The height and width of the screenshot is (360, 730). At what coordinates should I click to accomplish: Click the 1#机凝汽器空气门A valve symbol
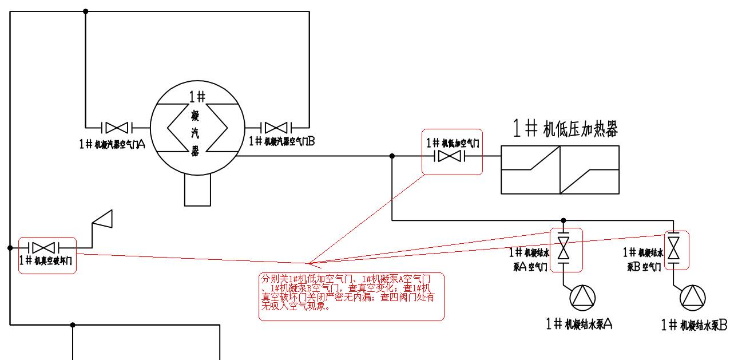coord(117,126)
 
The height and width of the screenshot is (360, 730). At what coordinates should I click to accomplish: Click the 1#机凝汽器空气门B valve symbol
coord(276,126)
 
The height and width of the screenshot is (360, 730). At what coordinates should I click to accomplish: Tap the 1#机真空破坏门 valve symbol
coord(43,248)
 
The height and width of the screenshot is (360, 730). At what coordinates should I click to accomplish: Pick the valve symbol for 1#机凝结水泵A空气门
coord(564,248)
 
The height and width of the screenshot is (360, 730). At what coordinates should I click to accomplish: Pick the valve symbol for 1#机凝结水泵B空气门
coord(676,248)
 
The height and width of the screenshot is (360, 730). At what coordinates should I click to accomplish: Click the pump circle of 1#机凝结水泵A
coord(582,298)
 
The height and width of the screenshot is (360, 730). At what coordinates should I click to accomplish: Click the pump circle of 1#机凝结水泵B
coord(692,298)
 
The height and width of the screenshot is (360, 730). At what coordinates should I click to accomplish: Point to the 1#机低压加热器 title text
coord(565,129)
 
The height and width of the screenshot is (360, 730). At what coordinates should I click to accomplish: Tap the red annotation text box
coord(351,296)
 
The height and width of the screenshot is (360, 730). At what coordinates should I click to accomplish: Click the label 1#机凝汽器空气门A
coord(112,144)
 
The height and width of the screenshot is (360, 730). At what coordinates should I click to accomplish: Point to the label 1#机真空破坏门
coord(46,260)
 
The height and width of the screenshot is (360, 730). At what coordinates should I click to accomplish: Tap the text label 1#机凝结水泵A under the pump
coord(580,324)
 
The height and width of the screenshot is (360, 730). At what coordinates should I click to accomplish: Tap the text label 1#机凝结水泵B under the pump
coord(694,325)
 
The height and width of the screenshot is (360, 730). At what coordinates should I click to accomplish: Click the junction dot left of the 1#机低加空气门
coord(392,156)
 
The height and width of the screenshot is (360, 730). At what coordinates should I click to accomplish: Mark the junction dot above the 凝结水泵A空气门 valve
coord(564,220)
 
